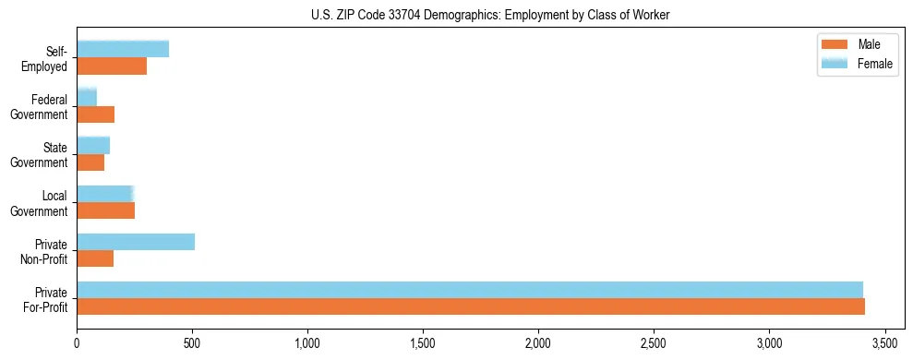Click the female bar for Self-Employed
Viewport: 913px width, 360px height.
pyautogui.click(x=123, y=49)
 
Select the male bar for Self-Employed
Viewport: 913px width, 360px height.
pyautogui.click(x=112, y=66)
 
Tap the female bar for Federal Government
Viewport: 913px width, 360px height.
pyautogui.click(x=87, y=97)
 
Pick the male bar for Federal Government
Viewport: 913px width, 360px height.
pyautogui.click(x=96, y=114)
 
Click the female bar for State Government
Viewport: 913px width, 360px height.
pyautogui.click(x=93, y=145)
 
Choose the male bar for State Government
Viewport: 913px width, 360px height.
pyautogui.click(x=90, y=162)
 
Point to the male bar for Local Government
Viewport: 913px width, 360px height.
pyautogui.click(x=106, y=210)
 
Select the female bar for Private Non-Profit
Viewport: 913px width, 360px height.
pyautogui.click(x=136, y=242)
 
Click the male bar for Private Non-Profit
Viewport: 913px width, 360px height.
pyautogui.click(x=95, y=258)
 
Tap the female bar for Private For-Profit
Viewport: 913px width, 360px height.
pyautogui.click(x=470, y=290)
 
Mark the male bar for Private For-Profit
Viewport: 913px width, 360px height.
pyautogui.click(x=471, y=306)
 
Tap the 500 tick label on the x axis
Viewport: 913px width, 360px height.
pyautogui.click(x=192, y=342)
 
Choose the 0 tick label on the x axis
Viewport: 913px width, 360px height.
pyautogui.click(x=77, y=342)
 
